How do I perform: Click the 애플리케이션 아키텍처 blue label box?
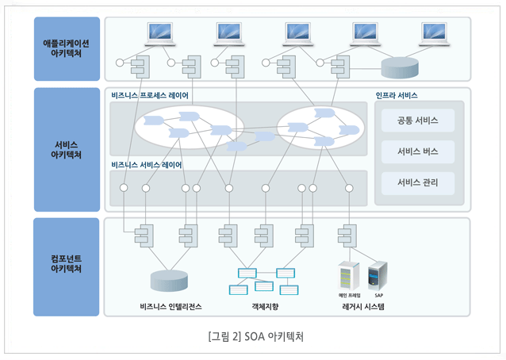tap(67, 48)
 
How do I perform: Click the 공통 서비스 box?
tap(418, 121)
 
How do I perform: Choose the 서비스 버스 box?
tap(418, 151)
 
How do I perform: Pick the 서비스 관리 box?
tap(418, 183)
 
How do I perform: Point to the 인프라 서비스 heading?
tap(397, 95)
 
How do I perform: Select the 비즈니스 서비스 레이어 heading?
tap(147, 165)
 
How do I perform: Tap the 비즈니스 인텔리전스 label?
tap(171, 305)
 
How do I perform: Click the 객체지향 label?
tap(264, 305)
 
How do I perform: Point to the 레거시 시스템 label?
tap(362, 305)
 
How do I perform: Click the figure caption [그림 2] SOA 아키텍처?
tap(254, 335)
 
